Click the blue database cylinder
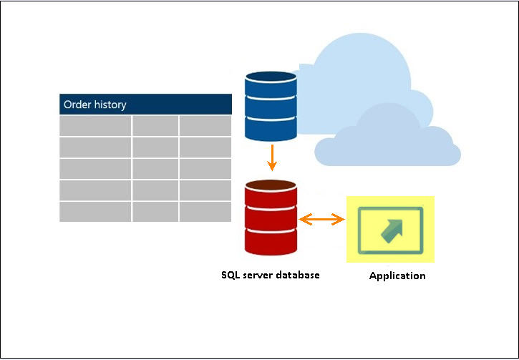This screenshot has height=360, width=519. (271, 105)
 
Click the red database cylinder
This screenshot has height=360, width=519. (271, 218)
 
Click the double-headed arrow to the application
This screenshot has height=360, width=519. (321, 220)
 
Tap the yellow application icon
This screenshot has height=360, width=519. (390, 229)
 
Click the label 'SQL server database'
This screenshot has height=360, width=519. (271, 275)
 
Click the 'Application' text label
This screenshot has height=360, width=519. (397, 276)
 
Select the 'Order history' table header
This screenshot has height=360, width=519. (145, 104)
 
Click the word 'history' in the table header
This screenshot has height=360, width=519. (110, 104)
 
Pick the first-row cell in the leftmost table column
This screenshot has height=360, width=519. (95, 126)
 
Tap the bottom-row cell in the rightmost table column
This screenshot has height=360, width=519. (205, 212)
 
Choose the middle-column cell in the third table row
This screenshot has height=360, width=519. (155, 169)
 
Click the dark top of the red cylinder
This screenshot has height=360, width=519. (271, 186)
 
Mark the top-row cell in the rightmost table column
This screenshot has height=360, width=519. (205, 126)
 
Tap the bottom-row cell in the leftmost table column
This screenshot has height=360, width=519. (95, 212)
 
